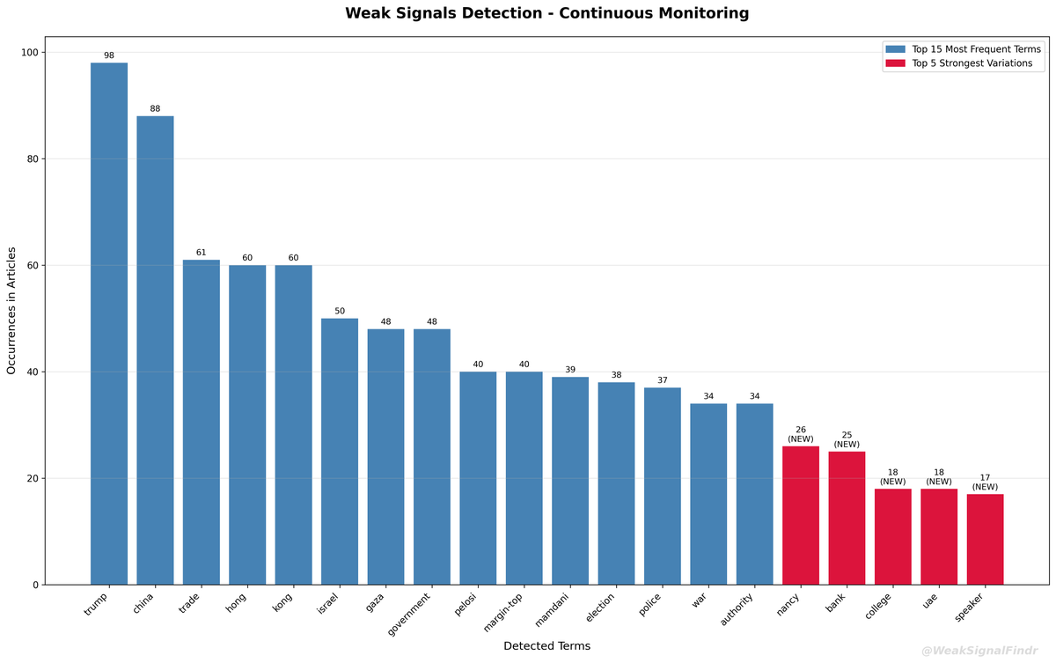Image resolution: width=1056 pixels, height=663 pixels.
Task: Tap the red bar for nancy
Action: [x=801, y=515]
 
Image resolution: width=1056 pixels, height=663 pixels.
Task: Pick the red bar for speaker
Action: [x=985, y=539]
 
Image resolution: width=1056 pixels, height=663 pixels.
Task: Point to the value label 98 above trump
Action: [x=109, y=55]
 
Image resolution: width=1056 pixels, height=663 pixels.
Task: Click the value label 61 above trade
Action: [x=202, y=253]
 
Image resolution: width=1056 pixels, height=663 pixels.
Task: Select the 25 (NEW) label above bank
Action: [x=847, y=439]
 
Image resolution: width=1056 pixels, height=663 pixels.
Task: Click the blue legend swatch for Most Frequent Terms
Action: [x=895, y=49]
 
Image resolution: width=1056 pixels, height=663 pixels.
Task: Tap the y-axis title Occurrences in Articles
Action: [x=12, y=311]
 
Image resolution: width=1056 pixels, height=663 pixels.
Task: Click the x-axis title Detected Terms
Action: [x=546, y=646]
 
